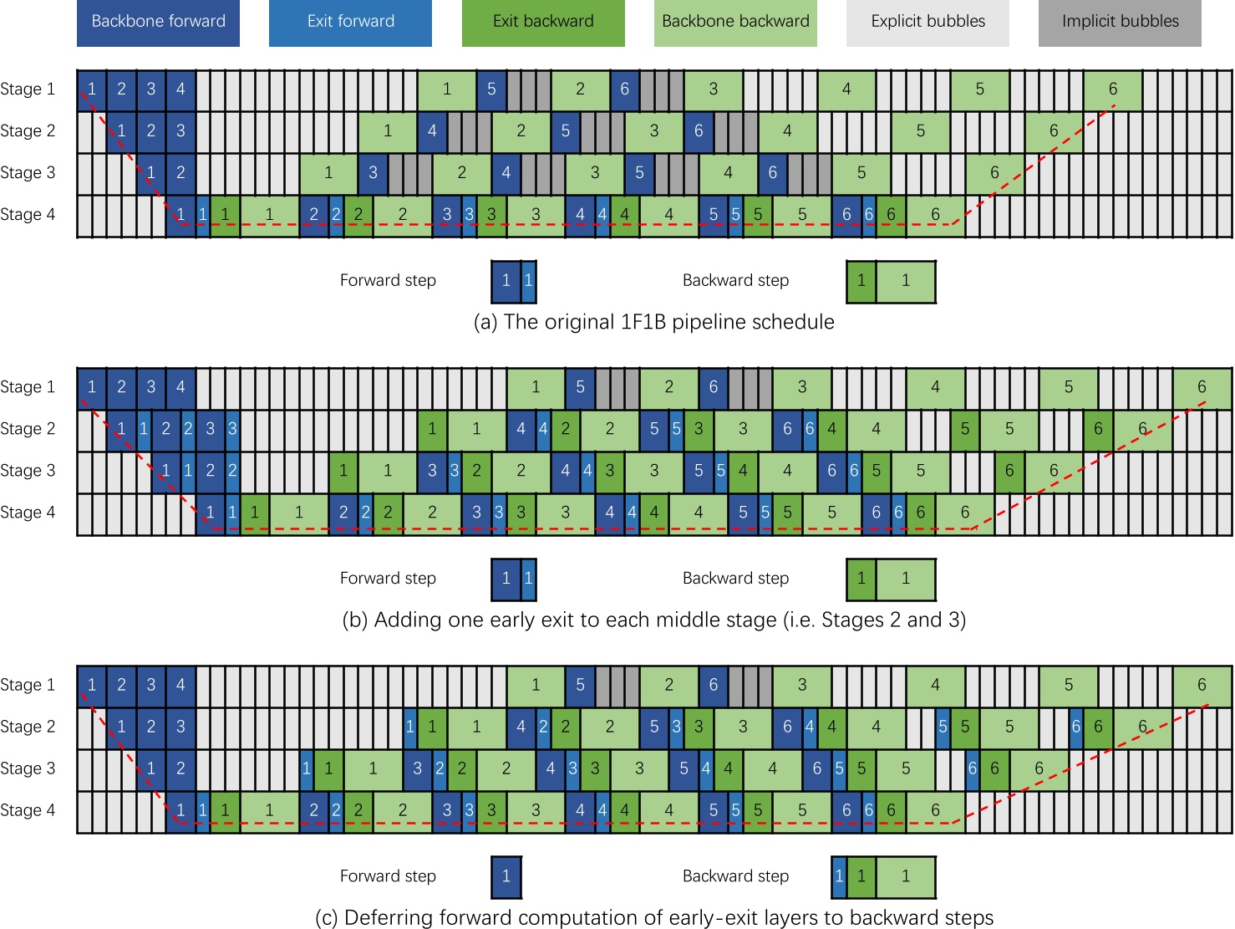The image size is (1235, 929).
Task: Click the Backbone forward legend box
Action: [158, 23]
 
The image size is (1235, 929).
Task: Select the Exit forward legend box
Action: [350, 23]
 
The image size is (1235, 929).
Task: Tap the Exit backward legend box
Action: [543, 23]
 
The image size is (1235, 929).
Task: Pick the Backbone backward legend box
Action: [735, 23]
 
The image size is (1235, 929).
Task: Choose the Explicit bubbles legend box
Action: [928, 23]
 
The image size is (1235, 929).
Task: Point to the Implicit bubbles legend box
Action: [1120, 23]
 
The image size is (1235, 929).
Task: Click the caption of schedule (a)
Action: [653, 322]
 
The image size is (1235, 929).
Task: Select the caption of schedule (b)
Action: [653, 620]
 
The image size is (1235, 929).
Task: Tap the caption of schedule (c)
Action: [653, 917]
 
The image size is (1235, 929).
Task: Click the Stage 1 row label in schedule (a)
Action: [28, 89]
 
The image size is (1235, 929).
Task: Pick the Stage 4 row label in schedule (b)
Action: [28, 513]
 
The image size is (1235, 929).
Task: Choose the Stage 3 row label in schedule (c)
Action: [28, 768]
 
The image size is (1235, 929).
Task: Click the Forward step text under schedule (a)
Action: [388, 281]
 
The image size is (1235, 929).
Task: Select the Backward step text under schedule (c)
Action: [735, 876]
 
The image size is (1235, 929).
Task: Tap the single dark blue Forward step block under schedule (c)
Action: [506, 876]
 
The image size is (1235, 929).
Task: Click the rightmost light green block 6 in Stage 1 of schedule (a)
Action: [1112, 89]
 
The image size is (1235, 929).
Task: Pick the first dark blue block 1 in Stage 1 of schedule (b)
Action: [92, 387]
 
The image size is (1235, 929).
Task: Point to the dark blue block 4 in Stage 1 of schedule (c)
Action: [180, 685]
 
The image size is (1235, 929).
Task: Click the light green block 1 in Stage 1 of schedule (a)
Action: [447, 89]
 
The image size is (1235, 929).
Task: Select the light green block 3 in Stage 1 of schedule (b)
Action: [801, 387]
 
